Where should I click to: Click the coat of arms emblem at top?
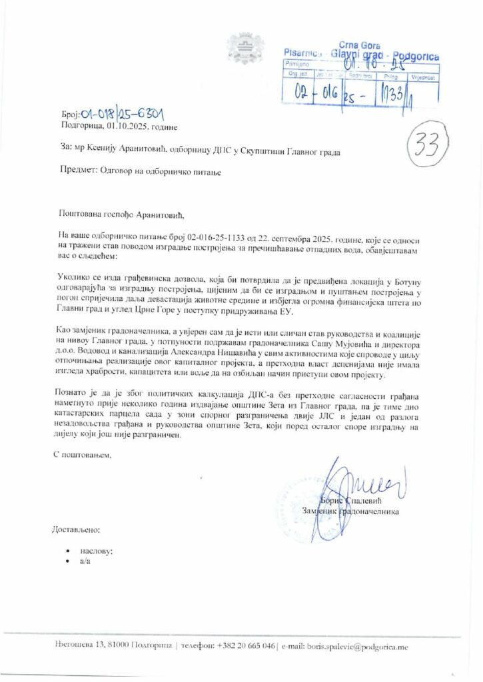[241, 47]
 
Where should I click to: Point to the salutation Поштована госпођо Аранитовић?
[119, 214]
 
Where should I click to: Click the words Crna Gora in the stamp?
[359, 44]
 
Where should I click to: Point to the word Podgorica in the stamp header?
[416, 57]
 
